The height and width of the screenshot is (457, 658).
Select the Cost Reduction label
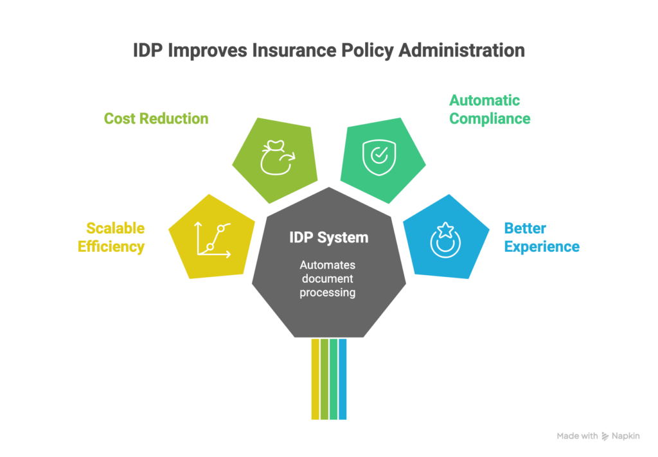tap(156, 118)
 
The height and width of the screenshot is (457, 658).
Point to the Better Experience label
tap(542, 237)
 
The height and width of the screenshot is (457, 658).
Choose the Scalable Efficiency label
tap(111, 237)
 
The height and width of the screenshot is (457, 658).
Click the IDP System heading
tap(328, 237)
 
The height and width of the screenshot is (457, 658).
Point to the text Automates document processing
tap(328, 278)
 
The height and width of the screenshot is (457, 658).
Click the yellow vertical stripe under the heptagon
tap(315, 379)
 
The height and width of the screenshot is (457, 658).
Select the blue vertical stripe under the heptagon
tap(342, 379)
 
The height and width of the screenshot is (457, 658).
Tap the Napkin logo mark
tap(605, 436)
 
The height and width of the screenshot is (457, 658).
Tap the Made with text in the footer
tap(577, 436)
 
